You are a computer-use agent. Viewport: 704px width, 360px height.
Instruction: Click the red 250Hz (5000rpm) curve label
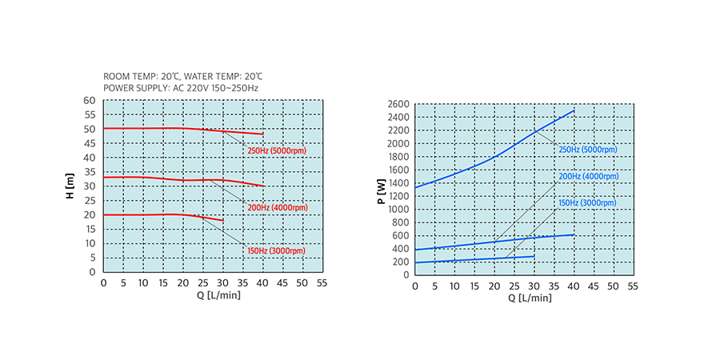(x=277, y=150)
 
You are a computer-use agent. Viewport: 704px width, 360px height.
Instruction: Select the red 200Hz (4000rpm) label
(x=277, y=207)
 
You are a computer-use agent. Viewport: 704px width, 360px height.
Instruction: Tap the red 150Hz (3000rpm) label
(x=277, y=250)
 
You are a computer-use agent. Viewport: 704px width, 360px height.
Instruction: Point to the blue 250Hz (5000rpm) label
(x=588, y=149)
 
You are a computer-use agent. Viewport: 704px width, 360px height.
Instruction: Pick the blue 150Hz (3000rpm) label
(x=588, y=203)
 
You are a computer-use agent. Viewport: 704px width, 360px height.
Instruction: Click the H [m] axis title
(x=70, y=186)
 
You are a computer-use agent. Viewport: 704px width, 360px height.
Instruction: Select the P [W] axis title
(x=380, y=190)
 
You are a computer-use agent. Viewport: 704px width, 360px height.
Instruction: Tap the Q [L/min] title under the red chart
(x=212, y=294)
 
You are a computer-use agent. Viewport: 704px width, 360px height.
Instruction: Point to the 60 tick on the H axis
(x=90, y=101)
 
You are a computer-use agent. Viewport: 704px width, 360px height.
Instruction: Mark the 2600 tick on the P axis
(x=398, y=104)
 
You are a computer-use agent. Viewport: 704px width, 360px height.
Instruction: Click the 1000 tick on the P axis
(x=398, y=210)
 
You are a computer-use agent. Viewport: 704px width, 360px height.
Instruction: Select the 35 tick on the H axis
(x=90, y=172)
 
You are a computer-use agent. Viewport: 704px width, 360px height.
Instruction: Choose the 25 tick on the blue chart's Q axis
(x=514, y=286)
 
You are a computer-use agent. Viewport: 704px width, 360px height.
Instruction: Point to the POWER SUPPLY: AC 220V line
(x=181, y=87)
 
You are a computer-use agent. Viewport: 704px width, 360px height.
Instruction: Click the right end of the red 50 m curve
(x=263, y=134)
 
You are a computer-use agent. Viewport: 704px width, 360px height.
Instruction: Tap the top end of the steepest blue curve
(x=574, y=111)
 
